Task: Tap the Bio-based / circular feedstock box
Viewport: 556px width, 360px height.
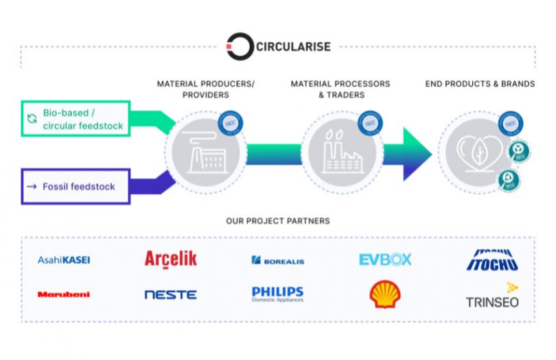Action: pyautogui.click(x=76, y=119)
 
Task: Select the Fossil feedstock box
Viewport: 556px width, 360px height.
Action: pyautogui.click(x=76, y=186)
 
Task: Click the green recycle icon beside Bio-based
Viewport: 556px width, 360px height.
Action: pyautogui.click(x=32, y=119)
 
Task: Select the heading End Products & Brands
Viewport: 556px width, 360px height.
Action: pyautogui.click(x=479, y=84)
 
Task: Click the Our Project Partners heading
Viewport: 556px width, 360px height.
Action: pyautogui.click(x=277, y=221)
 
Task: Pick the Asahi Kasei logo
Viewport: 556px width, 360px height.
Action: pyautogui.click(x=64, y=260)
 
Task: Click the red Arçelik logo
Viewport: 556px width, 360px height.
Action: pyautogui.click(x=171, y=259)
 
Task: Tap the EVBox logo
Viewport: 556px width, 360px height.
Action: pyautogui.click(x=385, y=260)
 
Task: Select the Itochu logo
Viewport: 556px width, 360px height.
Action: pyautogui.click(x=491, y=260)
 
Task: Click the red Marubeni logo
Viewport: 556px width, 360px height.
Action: pyautogui.click(x=64, y=295)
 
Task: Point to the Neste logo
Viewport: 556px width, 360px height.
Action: pyautogui.click(x=170, y=295)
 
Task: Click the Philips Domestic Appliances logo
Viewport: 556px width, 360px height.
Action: pyautogui.click(x=277, y=295)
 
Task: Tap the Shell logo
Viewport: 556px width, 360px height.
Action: pyautogui.click(x=385, y=295)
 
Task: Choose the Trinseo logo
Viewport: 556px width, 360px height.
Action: pyautogui.click(x=492, y=296)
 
